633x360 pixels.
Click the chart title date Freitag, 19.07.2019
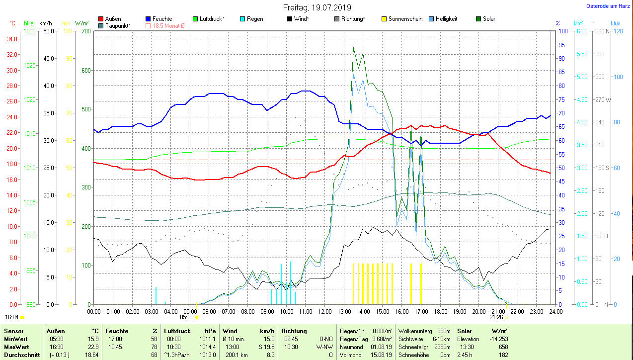click(x=317, y=7)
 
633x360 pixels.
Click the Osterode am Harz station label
click(x=608, y=6)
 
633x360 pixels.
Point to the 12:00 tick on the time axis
click(x=324, y=312)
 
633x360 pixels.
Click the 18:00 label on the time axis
click(x=440, y=312)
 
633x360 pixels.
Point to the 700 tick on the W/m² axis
click(x=85, y=31)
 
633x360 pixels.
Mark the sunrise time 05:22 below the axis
click(x=187, y=317)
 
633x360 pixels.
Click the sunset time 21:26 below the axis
click(x=496, y=317)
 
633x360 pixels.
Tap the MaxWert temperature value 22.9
click(x=92, y=347)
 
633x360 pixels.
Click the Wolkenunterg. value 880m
click(x=444, y=331)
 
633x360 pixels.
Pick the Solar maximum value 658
click(x=503, y=347)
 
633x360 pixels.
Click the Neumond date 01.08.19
click(x=381, y=347)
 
